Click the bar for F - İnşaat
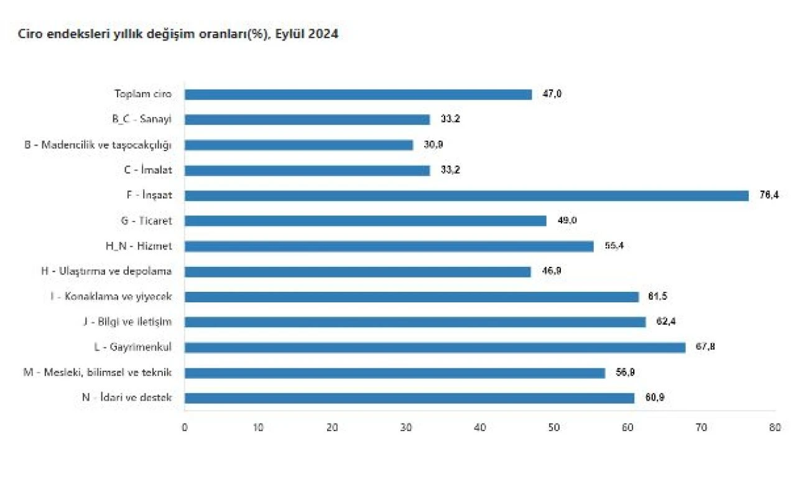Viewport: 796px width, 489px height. [x=466, y=195]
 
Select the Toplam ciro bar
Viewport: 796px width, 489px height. [x=358, y=95]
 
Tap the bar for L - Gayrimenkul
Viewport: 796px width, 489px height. [x=435, y=347]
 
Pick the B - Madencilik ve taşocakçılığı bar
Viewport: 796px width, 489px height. [x=298, y=145]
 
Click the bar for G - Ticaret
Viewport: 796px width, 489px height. [x=365, y=221]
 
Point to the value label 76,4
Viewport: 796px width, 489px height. [x=769, y=195]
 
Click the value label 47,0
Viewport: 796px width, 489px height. [x=552, y=95]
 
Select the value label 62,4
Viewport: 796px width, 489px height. [x=665, y=322]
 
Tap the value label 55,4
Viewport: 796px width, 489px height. [x=613, y=246]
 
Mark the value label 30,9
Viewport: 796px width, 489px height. [x=433, y=145]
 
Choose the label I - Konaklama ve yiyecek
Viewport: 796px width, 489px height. [x=111, y=297]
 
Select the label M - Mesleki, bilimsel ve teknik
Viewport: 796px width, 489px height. [x=98, y=373]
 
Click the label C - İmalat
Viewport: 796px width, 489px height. [x=148, y=170]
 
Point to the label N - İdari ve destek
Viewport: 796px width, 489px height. [x=127, y=398]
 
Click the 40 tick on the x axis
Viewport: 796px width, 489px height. [x=479, y=428]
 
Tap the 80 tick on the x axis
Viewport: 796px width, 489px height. [x=775, y=428]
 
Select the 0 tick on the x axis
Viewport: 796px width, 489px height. [x=185, y=428]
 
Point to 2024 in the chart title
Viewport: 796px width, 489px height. [x=323, y=35]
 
